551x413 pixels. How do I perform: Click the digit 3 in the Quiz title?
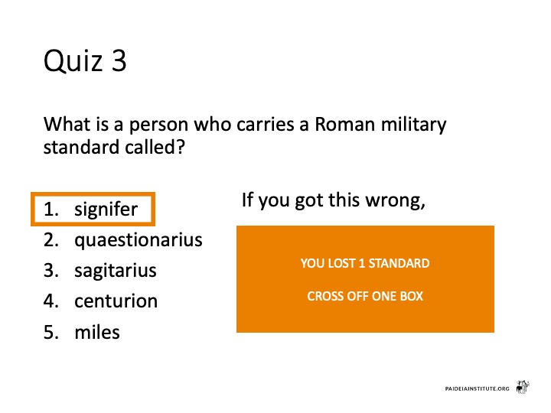click(119, 60)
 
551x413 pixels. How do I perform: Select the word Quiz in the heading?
click(73, 60)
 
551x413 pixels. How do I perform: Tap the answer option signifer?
click(106, 210)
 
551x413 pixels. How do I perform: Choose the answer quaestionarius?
click(138, 241)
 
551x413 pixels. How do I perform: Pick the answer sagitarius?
click(116, 271)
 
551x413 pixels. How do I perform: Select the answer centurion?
click(116, 301)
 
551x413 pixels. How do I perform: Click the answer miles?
click(97, 332)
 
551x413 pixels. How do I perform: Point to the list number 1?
click(51, 210)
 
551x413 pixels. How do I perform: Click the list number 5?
click(51, 332)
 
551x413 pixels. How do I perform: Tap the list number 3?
click(51, 271)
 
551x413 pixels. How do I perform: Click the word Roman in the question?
click(344, 125)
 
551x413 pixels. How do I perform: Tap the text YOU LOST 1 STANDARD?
click(365, 263)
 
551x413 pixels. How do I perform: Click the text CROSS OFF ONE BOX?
click(365, 296)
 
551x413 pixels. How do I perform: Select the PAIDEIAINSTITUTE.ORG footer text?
click(477, 389)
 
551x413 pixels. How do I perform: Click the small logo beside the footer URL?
click(523, 387)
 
